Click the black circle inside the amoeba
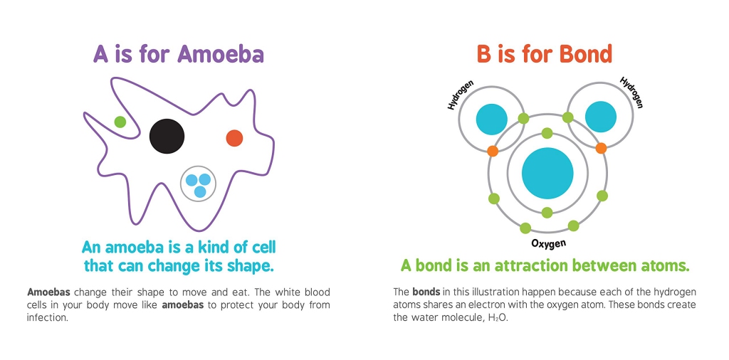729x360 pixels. pos(167,136)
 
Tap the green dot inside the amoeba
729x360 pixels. pos(120,122)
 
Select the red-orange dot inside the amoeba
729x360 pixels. pos(234,138)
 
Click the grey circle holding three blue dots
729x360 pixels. pos(199,184)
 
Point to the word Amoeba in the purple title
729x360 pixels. pos(221,54)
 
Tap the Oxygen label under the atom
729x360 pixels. pos(548,244)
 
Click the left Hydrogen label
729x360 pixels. pos(461,95)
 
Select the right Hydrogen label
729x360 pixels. pos(631,92)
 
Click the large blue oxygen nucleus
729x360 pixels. pos(547,173)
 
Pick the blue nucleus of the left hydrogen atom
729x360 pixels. pos(491,119)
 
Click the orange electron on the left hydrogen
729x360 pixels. pos(492,151)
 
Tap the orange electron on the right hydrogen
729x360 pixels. pos(601,148)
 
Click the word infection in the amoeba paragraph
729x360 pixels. pos(46,317)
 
